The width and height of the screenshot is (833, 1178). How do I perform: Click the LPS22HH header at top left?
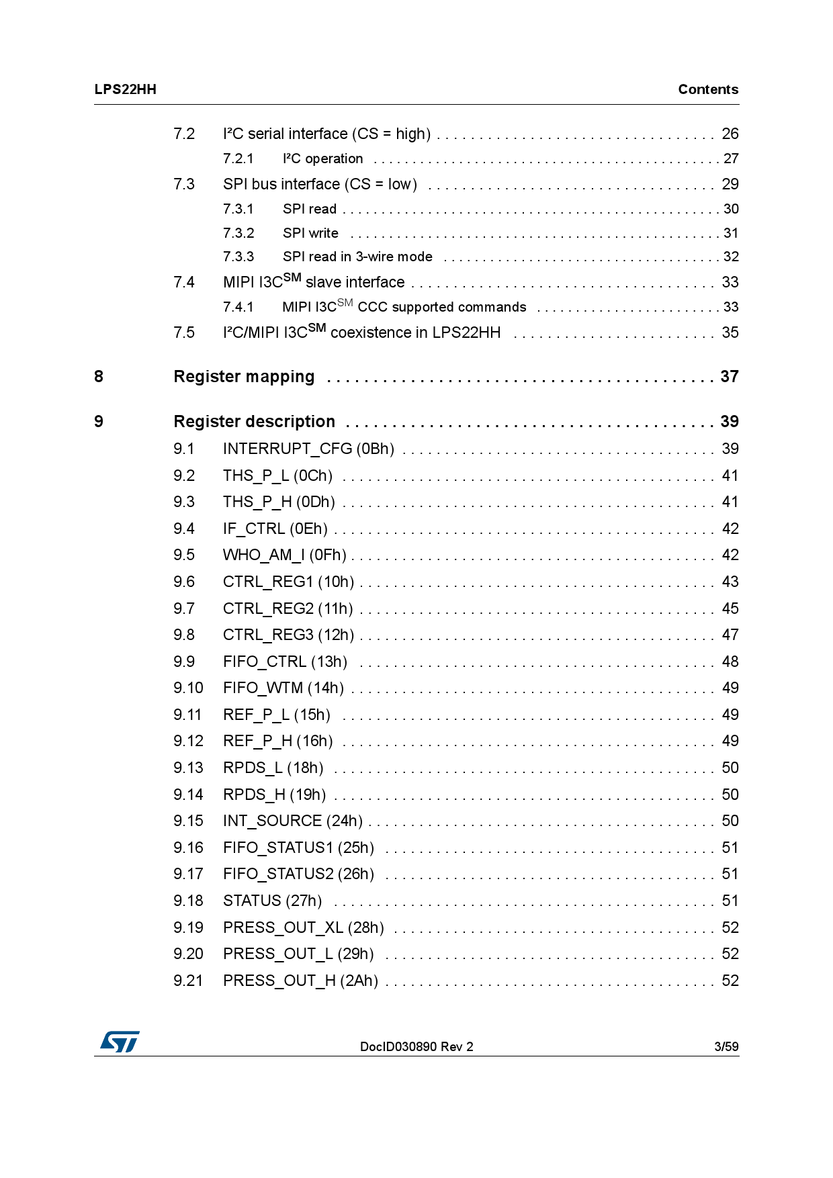(x=125, y=89)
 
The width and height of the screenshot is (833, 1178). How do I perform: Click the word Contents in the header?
(x=707, y=89)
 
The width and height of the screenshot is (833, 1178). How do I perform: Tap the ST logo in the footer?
(x=120, y=1042)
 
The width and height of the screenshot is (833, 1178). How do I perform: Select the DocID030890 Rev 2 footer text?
(x=416, y=1046)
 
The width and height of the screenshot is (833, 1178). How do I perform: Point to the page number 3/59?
(x=726, y=1046)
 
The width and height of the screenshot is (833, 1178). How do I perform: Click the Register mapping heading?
(x=244, y=377)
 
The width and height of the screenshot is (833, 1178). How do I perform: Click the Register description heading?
(x=254, y=422)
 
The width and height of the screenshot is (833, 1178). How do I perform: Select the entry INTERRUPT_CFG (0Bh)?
(x=308, y=449)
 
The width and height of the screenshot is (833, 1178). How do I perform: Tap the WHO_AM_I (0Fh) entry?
(x=284, y=555)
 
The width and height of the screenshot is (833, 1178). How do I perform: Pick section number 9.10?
(x=187, y=688)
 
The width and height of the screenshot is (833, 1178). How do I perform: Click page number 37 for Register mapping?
(x=729, y=377)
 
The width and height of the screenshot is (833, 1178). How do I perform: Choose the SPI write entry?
(x=310, y=233)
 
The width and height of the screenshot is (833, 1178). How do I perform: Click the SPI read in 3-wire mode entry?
(x=357, y=257)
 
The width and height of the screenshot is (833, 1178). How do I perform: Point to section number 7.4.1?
(x=238, y=307)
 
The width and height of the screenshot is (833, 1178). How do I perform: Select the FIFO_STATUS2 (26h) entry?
(x=298, y=874)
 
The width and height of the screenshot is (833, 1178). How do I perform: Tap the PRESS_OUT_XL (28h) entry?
(x=303, y=927)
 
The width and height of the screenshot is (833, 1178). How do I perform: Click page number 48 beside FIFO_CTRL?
(x=730, y=662)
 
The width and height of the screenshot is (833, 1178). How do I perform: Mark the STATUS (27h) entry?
(x=272, y=901)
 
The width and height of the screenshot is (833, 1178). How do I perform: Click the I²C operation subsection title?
(x=322, y=158)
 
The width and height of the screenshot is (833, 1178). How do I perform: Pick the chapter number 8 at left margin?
(x=99, y=377)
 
